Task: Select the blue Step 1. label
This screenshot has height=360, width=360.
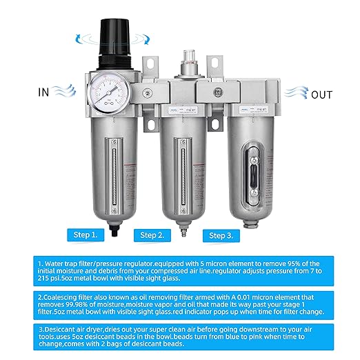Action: (x=86, y=234)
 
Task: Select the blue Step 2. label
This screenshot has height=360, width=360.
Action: (x=154, y=234)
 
